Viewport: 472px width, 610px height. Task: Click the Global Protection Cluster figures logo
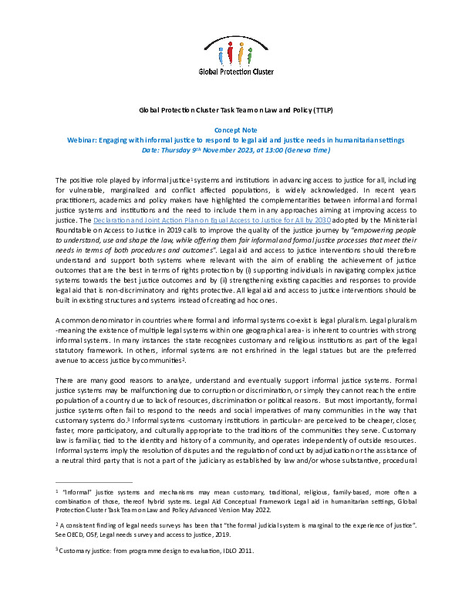[235, 54]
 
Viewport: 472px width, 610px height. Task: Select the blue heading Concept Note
[235, 131]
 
